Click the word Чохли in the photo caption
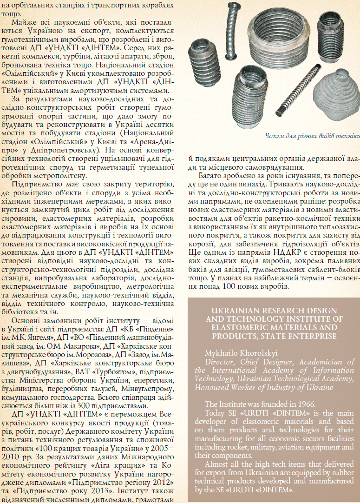274,136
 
